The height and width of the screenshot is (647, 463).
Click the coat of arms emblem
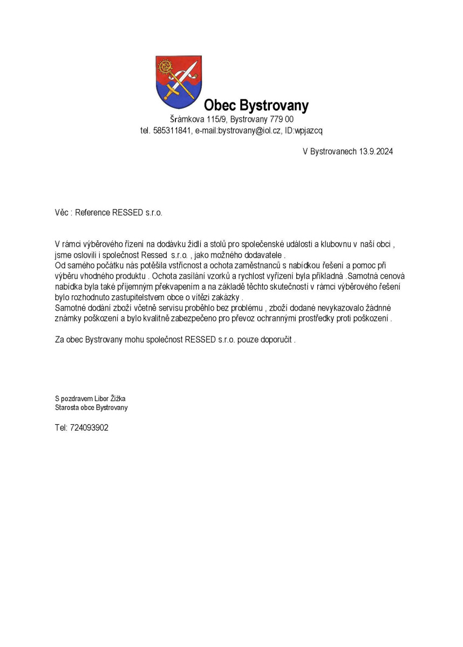[x=179, y=81]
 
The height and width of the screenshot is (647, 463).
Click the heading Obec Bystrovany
[x=256, y=105]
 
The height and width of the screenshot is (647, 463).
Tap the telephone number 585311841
[x=172, y=131]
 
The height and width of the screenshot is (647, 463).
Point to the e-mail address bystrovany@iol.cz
[x=249, y=131]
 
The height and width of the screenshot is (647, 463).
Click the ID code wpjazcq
[x=309, y=131]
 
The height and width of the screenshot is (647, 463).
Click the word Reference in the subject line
[x=92, y=212]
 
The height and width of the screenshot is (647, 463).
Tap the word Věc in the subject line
[x=62, y=212]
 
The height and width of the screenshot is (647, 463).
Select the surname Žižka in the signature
[x=117, y=398]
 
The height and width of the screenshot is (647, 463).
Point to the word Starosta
[x=67, y=408]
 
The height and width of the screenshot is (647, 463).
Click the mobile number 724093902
[x=89, y=428]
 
